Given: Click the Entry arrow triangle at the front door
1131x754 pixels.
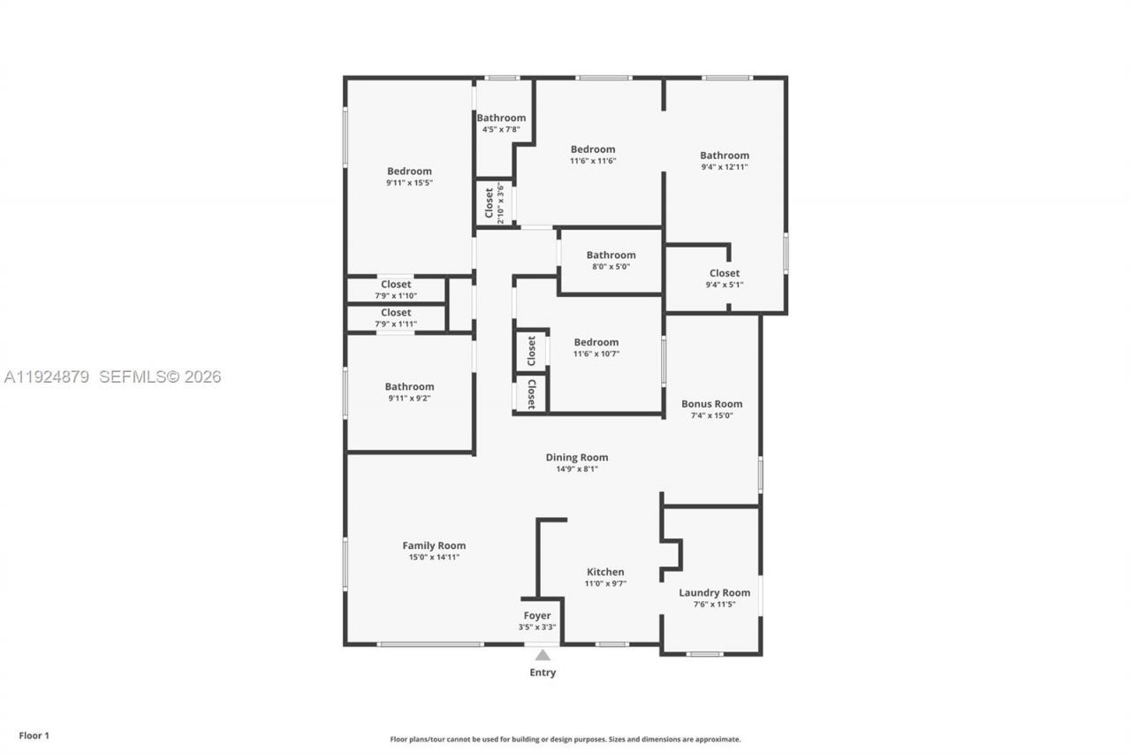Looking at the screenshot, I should click(543, 655).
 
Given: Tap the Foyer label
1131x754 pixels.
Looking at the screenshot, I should click(537, 616).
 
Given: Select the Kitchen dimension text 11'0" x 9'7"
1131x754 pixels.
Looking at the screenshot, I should click(605, 583).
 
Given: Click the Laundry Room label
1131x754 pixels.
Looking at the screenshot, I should click(714, 593).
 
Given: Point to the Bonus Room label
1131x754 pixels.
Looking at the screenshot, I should click(711, 404).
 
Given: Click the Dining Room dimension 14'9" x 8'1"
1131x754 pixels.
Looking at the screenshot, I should click(576, 468).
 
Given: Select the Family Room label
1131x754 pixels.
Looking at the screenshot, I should click(434, 545).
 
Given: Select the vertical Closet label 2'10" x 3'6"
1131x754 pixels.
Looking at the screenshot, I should click(494, 204).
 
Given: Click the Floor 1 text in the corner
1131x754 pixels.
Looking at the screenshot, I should click(34, 735).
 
